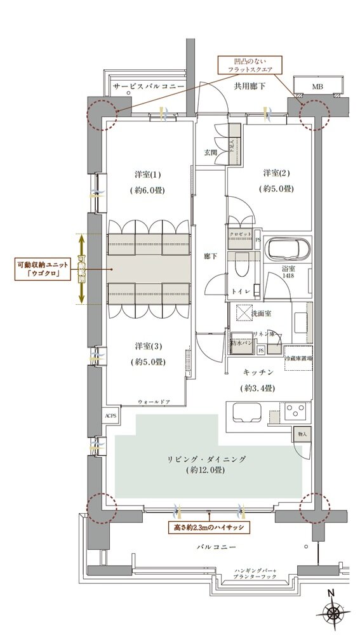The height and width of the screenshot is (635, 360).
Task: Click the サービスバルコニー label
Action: click(147, 85)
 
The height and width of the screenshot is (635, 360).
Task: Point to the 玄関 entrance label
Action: click(210, 152)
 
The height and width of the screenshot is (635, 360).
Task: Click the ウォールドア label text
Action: click(154, 401)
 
